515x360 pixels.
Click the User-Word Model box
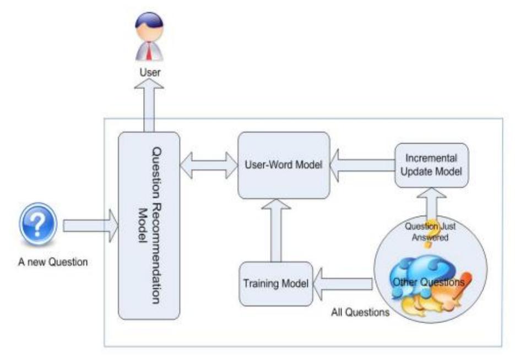coord(283,165)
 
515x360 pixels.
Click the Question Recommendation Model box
coord(149,226)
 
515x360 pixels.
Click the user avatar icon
coord(149,39)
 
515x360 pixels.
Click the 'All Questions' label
coord(360,313)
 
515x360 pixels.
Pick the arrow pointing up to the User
coord(149,107)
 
